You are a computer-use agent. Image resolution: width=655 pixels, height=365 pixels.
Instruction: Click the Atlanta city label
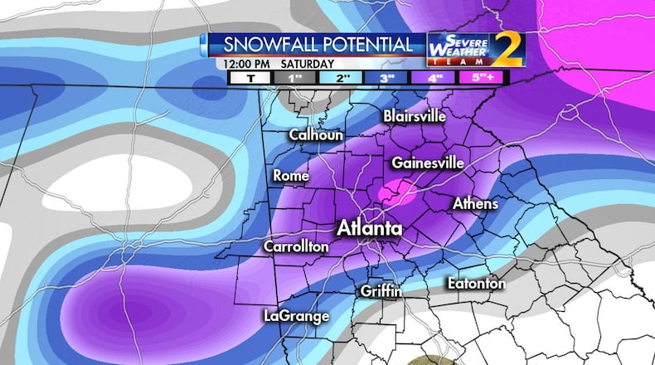coord(369,228)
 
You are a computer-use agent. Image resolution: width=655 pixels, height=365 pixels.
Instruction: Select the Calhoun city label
coord(315,134)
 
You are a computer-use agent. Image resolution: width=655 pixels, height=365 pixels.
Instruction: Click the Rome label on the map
coord(291,176)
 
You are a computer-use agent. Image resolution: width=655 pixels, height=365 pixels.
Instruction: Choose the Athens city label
coord(475,203)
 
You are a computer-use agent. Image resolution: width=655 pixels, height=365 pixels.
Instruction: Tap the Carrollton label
coord(296,246)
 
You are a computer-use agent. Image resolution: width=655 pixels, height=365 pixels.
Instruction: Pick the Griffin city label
coord(381,290)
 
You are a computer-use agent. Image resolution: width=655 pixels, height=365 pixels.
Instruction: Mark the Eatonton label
coord(476,284)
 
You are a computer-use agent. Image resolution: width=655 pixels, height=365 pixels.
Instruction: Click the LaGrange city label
coord(296,316)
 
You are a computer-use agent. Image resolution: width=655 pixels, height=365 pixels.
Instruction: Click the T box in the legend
coord(247,77)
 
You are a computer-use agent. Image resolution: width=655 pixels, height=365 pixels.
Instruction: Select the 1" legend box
coord(292,77)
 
